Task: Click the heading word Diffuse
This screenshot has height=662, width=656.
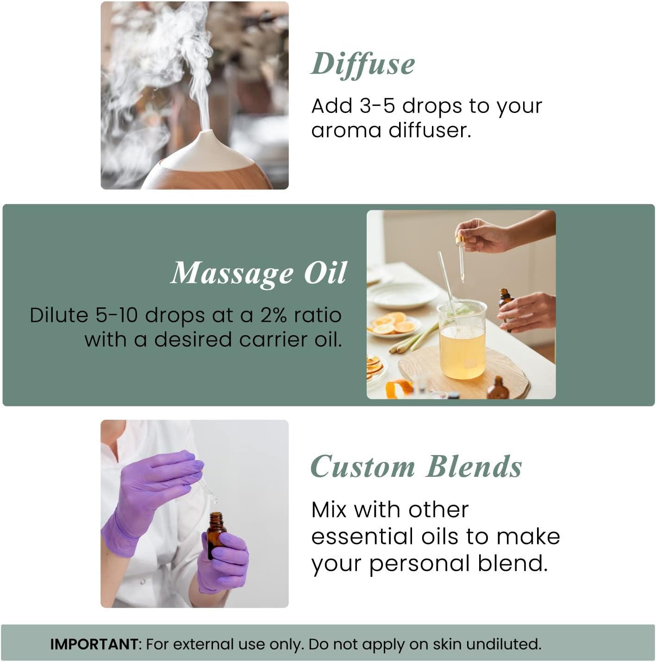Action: coord(362,64)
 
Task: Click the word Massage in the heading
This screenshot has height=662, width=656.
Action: coord(231,273)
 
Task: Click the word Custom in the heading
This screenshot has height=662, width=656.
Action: coord(362,467)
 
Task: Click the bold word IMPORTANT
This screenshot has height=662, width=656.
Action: coord(94,644)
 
